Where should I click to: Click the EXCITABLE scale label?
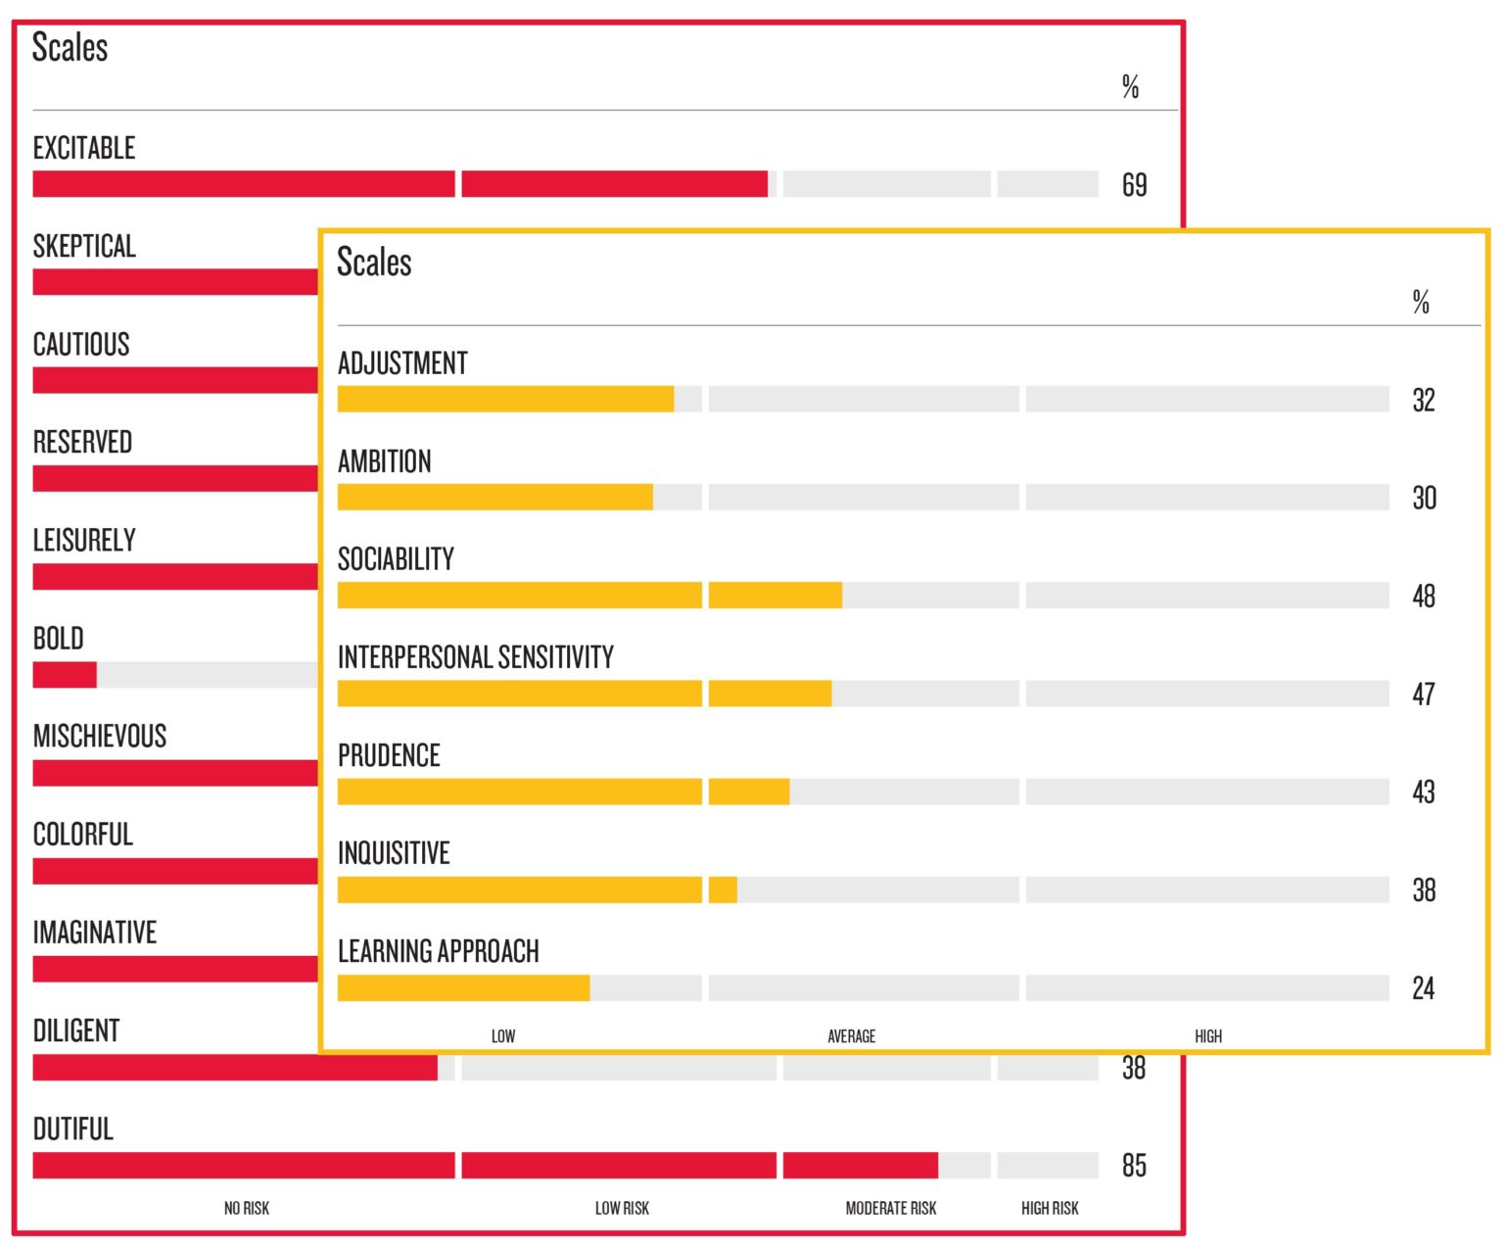pyautogui.click(x=84, y=149)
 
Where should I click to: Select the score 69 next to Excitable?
pyautogui.click(x=1134, y=185)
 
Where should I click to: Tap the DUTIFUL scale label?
pyautogui.click(x=73, y=1129)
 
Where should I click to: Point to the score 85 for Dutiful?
pyautogui.click(x=1134, y=1166)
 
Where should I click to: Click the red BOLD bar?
pyautogui.click(x=65, y=675)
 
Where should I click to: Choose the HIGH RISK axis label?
pyautogui.click(x=1050, y=1209)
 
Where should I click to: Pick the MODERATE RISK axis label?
pyautogui.click(x=890, y=1209)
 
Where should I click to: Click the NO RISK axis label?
pyautogui.click(x=247, y=1209)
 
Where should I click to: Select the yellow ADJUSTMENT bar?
pyautogui.click(x=505, y=400)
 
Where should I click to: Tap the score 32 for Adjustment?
pyautogui.click(x=1424, y=401)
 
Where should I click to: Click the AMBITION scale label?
pyautogui.click(x=385, y=461)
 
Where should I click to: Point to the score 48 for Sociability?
pyautogui.click(x=1424, y=597)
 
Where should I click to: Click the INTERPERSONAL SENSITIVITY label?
pyautogui.click(x=476, y=657)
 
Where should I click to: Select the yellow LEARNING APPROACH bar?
pyautogui.click(x=463, y=988)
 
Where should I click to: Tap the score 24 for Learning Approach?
pyautogui.click(x=1424, y=988)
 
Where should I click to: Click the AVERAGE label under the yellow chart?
pyautogui.click(x=851, y=1036)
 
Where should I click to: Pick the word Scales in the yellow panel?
pyautogui.click(x=374, y=263)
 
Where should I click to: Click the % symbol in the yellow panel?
pyautogui.click(x=1421, y=302)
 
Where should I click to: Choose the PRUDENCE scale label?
pyautogui.click(x=389, y=755)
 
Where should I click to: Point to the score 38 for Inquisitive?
pyautogui.click(x=1424, y=890)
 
